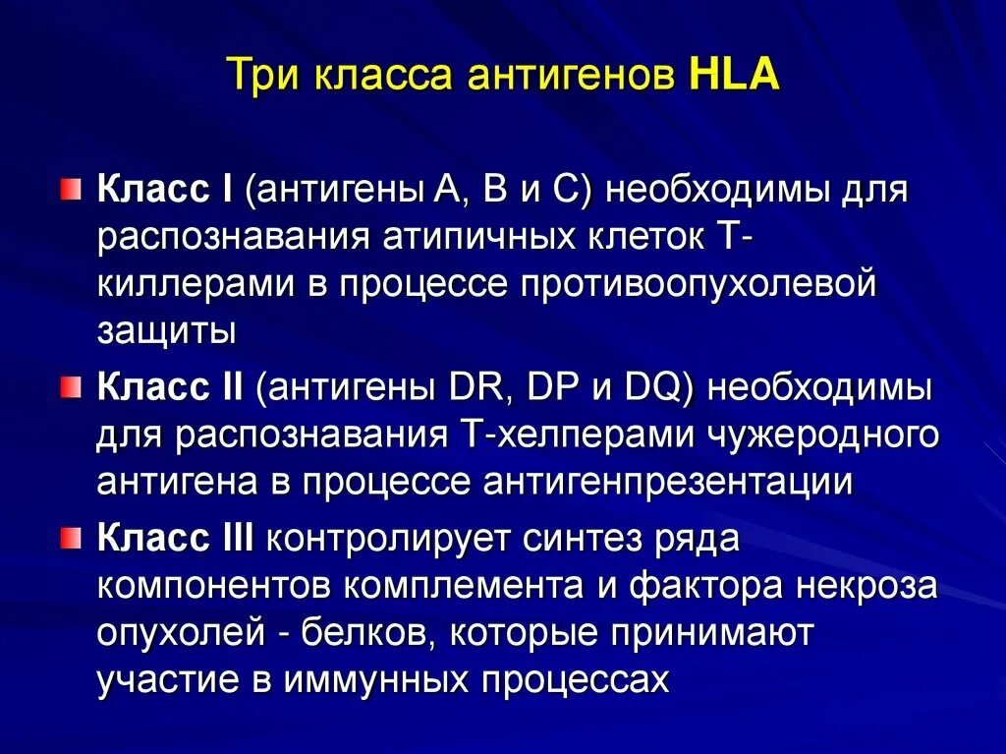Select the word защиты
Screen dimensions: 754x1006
pyautogui.click(x=166, y=330)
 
